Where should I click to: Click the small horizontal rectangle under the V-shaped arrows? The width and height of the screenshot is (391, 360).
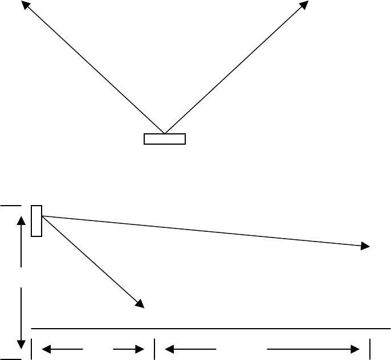(x=164, y=139)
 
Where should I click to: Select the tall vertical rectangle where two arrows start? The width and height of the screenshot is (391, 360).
(x=36, y=220)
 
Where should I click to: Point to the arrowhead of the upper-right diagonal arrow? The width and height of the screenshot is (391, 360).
(x=304, y=5)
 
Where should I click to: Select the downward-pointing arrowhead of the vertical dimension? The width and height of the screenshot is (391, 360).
(x=21, y=344)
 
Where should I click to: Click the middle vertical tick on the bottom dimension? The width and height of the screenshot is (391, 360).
(x=154, y=349)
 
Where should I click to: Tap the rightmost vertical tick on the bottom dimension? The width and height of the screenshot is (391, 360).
(x=371, y=349)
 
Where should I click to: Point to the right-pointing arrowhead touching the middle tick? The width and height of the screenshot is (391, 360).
(x=140, y=349)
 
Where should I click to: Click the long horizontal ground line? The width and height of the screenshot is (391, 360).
(x=211, y=329)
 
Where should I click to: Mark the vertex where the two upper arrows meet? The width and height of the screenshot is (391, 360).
(x=164, y=133)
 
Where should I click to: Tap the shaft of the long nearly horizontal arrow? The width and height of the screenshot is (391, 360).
(x=199, y=231)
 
